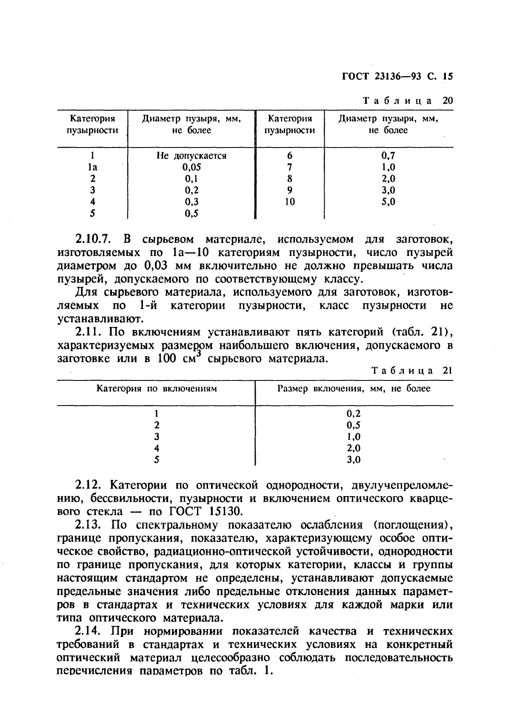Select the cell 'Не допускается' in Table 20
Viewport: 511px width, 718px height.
coord(191,156)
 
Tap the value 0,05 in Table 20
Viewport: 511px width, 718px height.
coord(191,167)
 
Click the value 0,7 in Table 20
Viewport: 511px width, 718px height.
coord(388,156)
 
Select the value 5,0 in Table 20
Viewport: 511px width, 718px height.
coord(388,201)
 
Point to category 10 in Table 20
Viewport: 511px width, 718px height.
coord(290,201)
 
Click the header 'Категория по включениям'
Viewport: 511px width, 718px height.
coord(157,389)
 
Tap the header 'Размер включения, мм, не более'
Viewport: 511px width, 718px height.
coord(354,389)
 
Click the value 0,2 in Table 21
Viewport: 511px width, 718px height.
coord(354,413)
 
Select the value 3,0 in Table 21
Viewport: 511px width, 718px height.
coord(354,460)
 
